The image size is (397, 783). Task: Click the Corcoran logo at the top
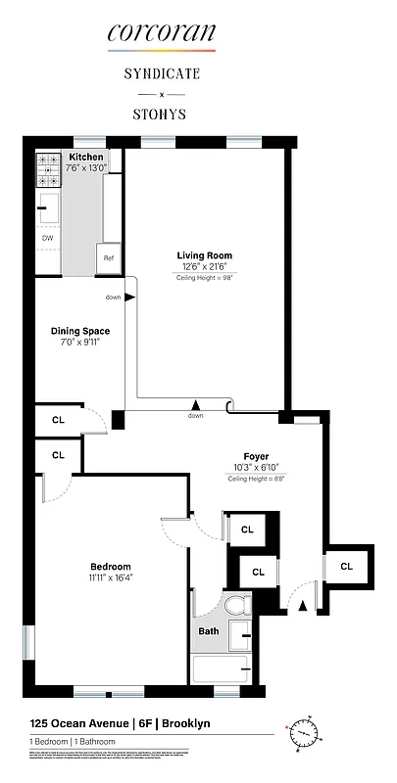(161, 33)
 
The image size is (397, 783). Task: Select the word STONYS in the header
(161, 114)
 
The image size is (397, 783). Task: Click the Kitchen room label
(85, 157)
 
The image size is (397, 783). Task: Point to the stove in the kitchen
(49, 169)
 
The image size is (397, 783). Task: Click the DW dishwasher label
(47, 238)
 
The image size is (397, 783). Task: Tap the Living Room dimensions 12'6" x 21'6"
(204, 267)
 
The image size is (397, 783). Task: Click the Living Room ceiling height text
(204, 278)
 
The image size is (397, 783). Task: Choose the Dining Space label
(80, 331)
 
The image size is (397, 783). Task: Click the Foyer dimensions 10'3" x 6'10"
(256, 468)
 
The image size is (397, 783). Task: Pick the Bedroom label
(110, 567)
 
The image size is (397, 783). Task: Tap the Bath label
(209, 631)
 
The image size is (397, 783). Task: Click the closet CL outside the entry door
(347, 567)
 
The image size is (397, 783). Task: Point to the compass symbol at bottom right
(306, 732)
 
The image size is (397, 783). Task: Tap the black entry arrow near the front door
(302, 607)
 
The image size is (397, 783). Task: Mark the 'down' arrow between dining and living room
(128, 298)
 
